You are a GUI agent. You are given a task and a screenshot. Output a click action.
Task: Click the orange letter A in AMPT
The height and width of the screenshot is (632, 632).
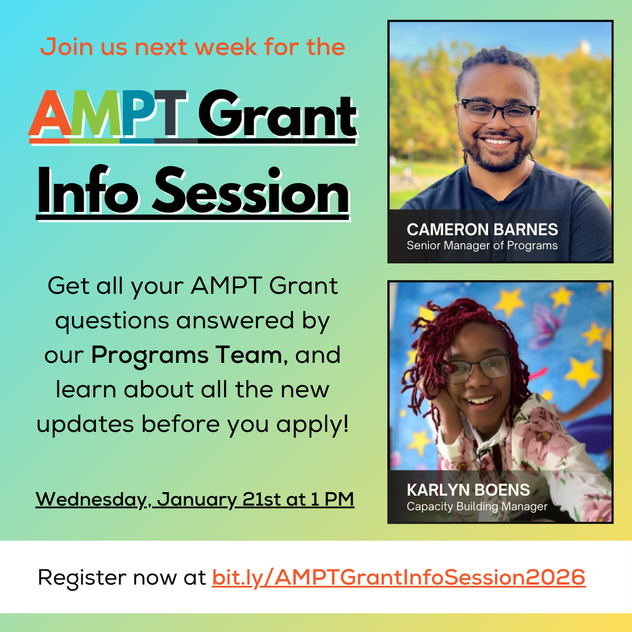click(x=50, y=114)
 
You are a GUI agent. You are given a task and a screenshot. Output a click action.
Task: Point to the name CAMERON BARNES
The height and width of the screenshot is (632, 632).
click(x=482, y=229)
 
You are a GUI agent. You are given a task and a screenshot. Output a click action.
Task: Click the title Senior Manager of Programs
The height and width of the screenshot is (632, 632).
click(x=482, y=245)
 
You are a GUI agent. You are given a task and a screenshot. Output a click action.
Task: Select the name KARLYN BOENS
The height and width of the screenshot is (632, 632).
click(x=468, y=490)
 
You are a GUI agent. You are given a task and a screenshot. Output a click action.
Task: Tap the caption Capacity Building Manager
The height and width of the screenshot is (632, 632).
click(x=477, y=506)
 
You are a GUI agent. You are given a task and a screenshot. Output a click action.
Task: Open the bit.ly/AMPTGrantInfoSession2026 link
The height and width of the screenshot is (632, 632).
click(x=399, y=578)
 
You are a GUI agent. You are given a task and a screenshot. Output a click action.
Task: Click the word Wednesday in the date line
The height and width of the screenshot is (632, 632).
click(x=89, y=500)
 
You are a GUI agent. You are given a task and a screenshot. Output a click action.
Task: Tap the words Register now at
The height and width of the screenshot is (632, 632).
click(x=122, y=578)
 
